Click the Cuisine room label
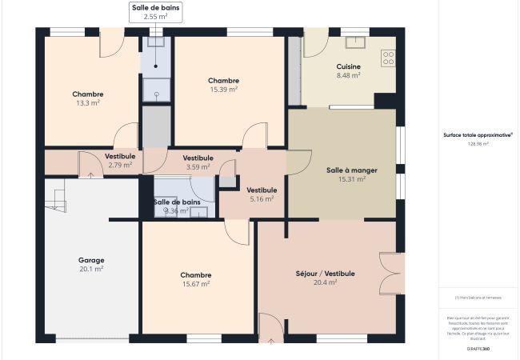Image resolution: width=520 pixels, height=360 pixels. [x=348, y=66]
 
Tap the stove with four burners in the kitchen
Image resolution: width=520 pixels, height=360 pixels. [x=388, y=58]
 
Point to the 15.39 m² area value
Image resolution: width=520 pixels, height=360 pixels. [x=223, y=90]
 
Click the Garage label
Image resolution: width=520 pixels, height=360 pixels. [x=91, y=260]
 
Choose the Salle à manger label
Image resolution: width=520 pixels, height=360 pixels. [x=351, y=170]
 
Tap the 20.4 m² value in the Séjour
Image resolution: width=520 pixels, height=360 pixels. [x=325, y=282]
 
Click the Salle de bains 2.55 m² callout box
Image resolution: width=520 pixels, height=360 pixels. [x=155, y=11]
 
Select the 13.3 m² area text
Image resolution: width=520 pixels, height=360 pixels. [x=87, y=103]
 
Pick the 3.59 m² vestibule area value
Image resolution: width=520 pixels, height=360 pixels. [x=198, y=167]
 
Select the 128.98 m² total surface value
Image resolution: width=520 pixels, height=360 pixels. [x=478, y=144]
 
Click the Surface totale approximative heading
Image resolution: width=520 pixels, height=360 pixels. [x=478, y=135]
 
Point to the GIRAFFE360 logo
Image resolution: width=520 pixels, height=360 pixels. [x=478, y=349]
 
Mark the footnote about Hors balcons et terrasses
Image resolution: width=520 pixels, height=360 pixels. [x=478, y=298]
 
